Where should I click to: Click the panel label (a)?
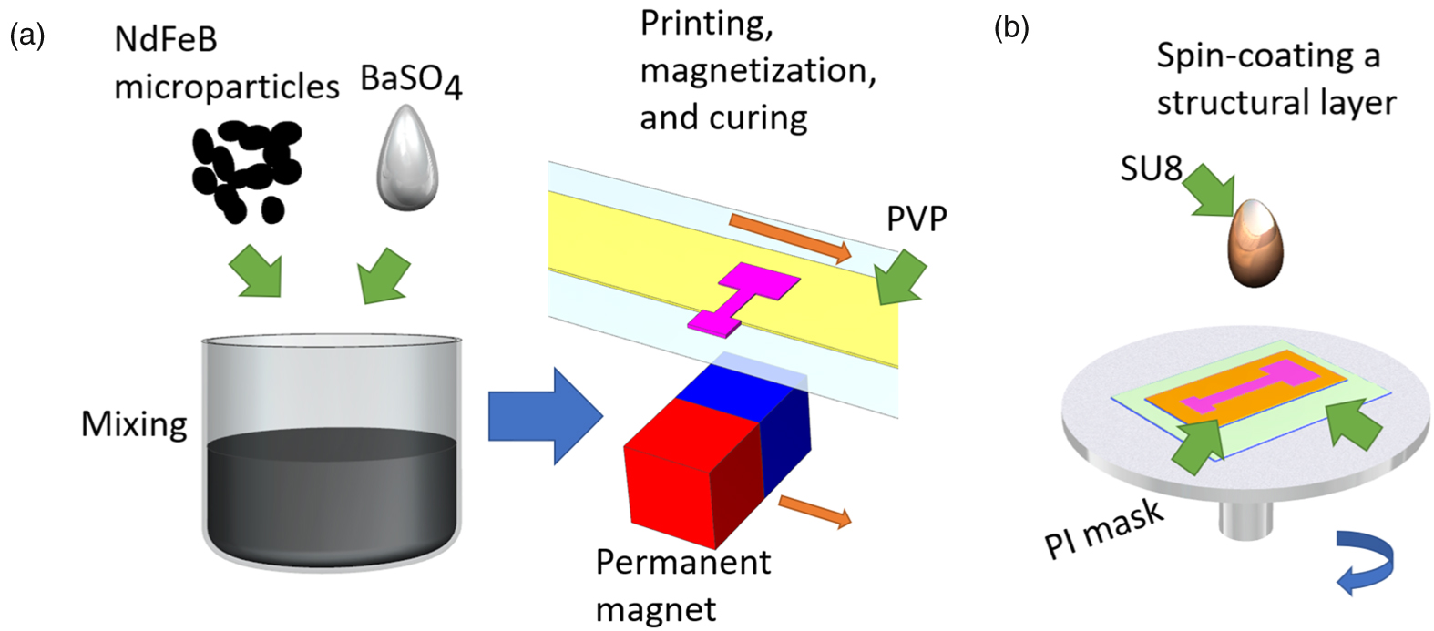(x=26, y=36)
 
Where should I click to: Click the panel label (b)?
(x=1011, y=28)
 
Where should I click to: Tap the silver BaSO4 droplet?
(x=408, y=160)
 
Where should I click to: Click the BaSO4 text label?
(x=411, y=81)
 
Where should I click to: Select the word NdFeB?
(x=166, y=39)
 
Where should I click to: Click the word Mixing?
(x=134, y=424)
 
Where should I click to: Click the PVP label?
(x=917, y=219)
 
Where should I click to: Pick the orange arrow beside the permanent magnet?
(x=814, y=511)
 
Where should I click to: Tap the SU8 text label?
(x=1152, y=168)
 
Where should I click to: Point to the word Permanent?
(x=682, y=562)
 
